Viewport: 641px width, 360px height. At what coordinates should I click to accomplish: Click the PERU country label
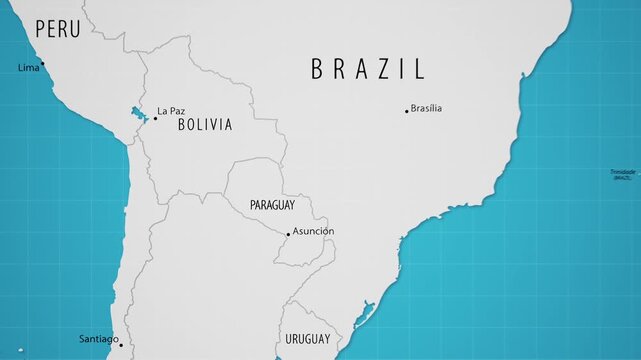click(x=57, y=30)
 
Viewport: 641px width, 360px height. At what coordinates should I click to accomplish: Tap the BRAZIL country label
click(x=368, y=69)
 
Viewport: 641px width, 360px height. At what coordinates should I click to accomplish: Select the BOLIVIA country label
click(x=205, y=125)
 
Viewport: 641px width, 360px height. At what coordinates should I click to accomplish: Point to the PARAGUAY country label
click(x=271, y=205)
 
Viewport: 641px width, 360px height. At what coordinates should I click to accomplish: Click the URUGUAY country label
click(x=308, y=339)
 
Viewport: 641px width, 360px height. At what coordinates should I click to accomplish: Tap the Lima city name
click(x=28, y=68)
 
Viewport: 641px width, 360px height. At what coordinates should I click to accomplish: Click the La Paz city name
click(x=171, y=111)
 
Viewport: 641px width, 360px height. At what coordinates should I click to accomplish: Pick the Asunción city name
click(x=313, y=231)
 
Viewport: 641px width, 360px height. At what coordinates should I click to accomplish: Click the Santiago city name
click(x=98, y=339)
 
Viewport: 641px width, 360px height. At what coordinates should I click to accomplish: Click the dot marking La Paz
click(x=155, y=118)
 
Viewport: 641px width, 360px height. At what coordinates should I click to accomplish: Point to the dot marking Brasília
click(x=406, y=111)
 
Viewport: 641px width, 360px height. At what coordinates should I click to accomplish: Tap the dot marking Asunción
click(x=289, y=235)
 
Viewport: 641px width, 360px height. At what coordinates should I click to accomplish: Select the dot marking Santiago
click(x=121, y=345)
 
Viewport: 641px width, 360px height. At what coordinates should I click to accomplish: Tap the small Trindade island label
click(x=623, y=174)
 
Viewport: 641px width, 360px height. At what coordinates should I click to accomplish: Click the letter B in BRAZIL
click(x=317, y=69)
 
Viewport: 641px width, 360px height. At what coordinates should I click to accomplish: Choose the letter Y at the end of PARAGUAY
click(x=291, y=205)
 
